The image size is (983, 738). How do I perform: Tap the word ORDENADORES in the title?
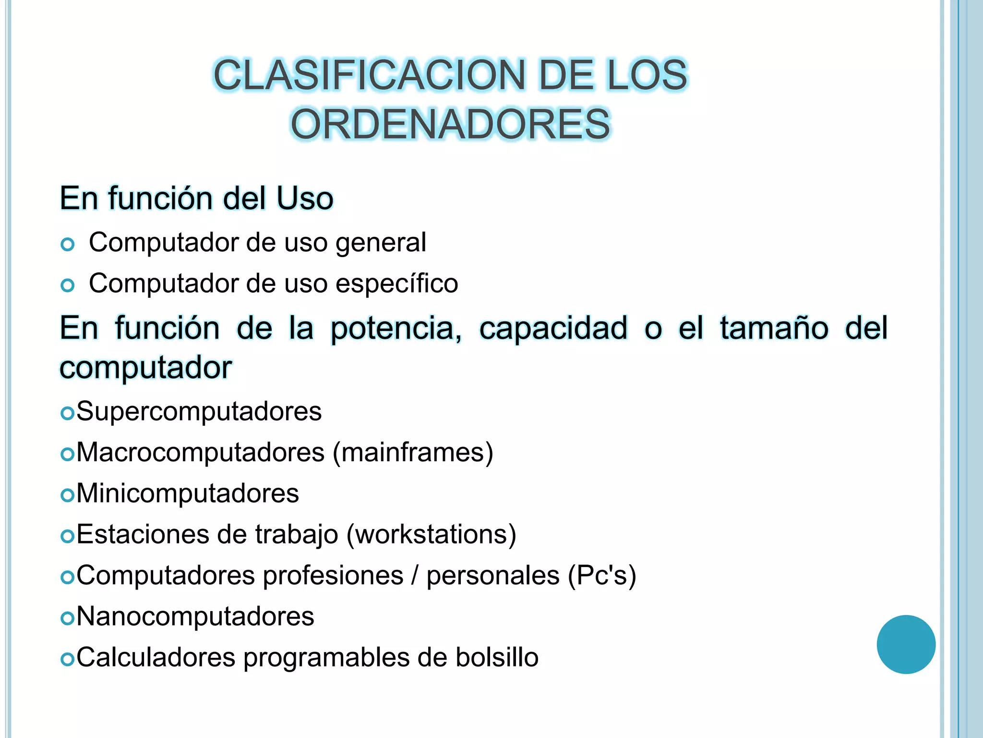(450, 124)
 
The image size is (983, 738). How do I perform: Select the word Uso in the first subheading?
(305, 198)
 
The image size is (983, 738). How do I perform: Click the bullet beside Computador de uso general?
(68, 245)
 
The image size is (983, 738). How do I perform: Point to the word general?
(381, 243)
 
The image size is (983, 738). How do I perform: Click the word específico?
(396, 283)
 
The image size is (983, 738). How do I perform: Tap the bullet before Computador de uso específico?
(68, 285)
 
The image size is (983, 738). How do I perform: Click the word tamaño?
(774, 329)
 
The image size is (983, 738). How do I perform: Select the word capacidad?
(553, 329)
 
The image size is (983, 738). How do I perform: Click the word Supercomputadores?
(199, 411)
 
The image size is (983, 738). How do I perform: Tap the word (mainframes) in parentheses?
(413, 453)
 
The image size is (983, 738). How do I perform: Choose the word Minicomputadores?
(188, 493)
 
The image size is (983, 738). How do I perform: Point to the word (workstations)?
(431, 534)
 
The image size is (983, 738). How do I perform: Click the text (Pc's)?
(602, 576)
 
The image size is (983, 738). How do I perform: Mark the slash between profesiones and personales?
(415, 576)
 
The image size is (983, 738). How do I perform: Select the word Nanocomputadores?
(195, 616)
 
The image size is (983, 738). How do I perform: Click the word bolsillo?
(497, 657)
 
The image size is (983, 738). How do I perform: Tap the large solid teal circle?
(906, 644)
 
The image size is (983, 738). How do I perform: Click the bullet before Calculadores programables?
(68, 659)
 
